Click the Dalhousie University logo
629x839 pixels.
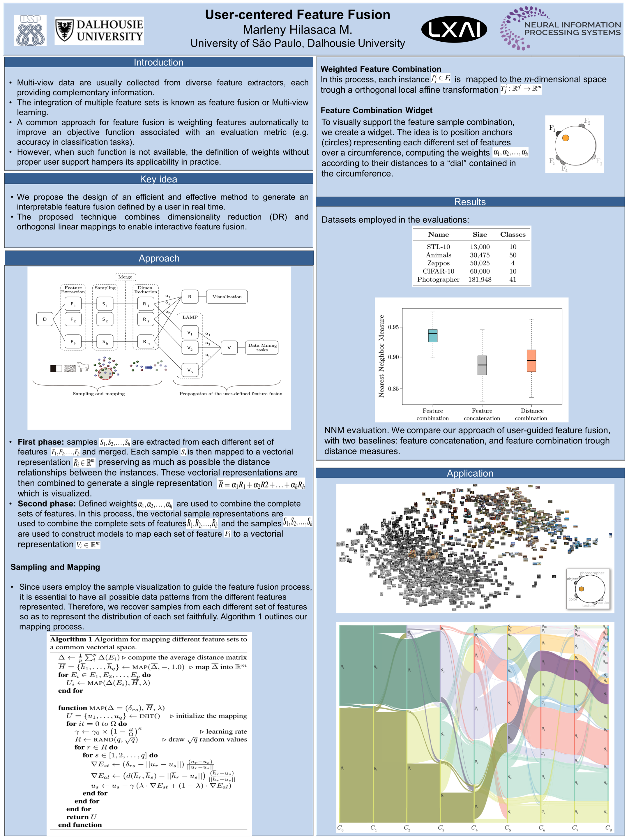click(x=99, y=30)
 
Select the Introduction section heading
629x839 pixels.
click(x=158, y=62)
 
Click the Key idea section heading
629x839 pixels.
click(x=158, y=179)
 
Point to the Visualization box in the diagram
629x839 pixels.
click(x=227, y=297)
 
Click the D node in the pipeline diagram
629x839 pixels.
click(x=45, y=319)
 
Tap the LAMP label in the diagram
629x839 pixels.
click(x=190, y=317)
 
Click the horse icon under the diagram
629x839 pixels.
click(x=83, y=366)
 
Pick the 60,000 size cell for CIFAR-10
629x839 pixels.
click(x=480, y=271)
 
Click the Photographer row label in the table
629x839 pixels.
click(x=438, y=280)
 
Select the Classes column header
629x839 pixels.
click(x=513, y=235)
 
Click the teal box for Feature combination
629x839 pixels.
click(x=433, y=336)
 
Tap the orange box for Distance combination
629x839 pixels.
click(x=531, y=361)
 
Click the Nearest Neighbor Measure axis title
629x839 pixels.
click(x=381, y=356)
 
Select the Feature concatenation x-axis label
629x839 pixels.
click(x=482, y=414)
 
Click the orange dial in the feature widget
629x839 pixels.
click(x=565, y=138)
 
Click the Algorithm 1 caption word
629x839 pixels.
click(x=71, y=639)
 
